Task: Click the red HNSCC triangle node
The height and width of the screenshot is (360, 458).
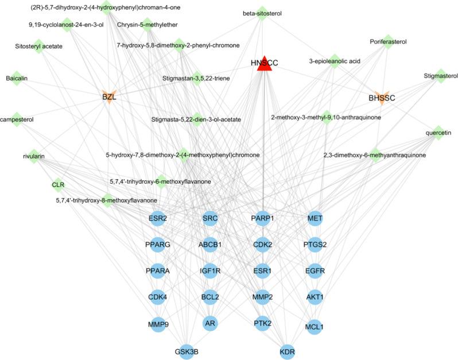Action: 264,64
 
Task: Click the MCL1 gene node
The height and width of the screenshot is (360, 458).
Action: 315,326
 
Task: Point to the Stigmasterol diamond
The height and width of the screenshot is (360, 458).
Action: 441,75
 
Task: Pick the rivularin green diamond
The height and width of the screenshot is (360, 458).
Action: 34,156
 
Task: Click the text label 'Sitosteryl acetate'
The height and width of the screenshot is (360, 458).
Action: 38,46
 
